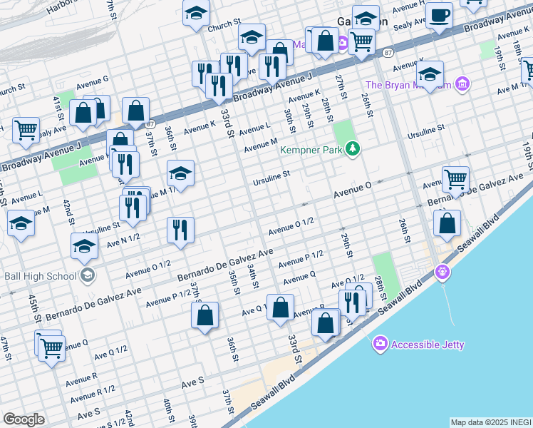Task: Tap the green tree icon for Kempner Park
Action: point(352,149)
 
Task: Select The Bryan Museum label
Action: point(408,85)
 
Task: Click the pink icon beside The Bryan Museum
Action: point(462,85)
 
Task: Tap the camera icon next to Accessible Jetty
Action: point(381,345)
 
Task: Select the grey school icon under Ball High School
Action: point(87,275)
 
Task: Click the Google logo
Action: point(24,419)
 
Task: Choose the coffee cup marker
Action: point(440,15)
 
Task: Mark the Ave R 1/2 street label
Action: point(98,389)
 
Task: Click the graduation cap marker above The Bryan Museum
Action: point(430,73)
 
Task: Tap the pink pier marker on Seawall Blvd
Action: point(443,272)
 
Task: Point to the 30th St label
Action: point(289,121)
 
